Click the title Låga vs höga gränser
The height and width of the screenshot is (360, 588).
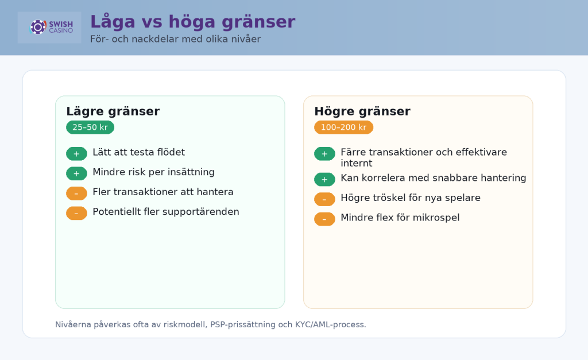[x=192, y=22]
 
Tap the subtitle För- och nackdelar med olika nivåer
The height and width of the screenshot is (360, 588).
[x=175, y=39]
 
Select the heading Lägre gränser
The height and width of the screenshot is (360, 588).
[x=113, y=111]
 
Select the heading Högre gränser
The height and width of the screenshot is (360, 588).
[x=362, y=111]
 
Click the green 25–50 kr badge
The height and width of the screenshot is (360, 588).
[x=90, y=127]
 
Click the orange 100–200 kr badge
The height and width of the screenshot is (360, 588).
[x=343, y=127]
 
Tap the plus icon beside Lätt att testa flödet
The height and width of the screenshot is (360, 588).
[x=76, y=154]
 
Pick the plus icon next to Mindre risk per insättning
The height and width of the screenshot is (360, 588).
[x=76, y=173]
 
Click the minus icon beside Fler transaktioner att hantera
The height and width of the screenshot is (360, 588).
[x=76, y=193]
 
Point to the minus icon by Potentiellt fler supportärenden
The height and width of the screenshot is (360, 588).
[x=76, y=213]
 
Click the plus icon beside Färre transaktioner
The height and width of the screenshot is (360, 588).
[x=324, y=154]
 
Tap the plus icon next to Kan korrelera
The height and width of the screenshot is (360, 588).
[x=324, y=180]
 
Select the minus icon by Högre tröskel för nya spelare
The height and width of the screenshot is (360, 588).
[x=324, y=199]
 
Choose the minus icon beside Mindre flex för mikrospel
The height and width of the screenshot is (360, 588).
[x=324, y=219]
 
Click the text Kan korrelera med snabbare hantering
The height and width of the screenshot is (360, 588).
[x=433, y=178]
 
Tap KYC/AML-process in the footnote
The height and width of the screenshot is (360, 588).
[x=330, y=324]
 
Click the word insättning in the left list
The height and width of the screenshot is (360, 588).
[x=191, y=172]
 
